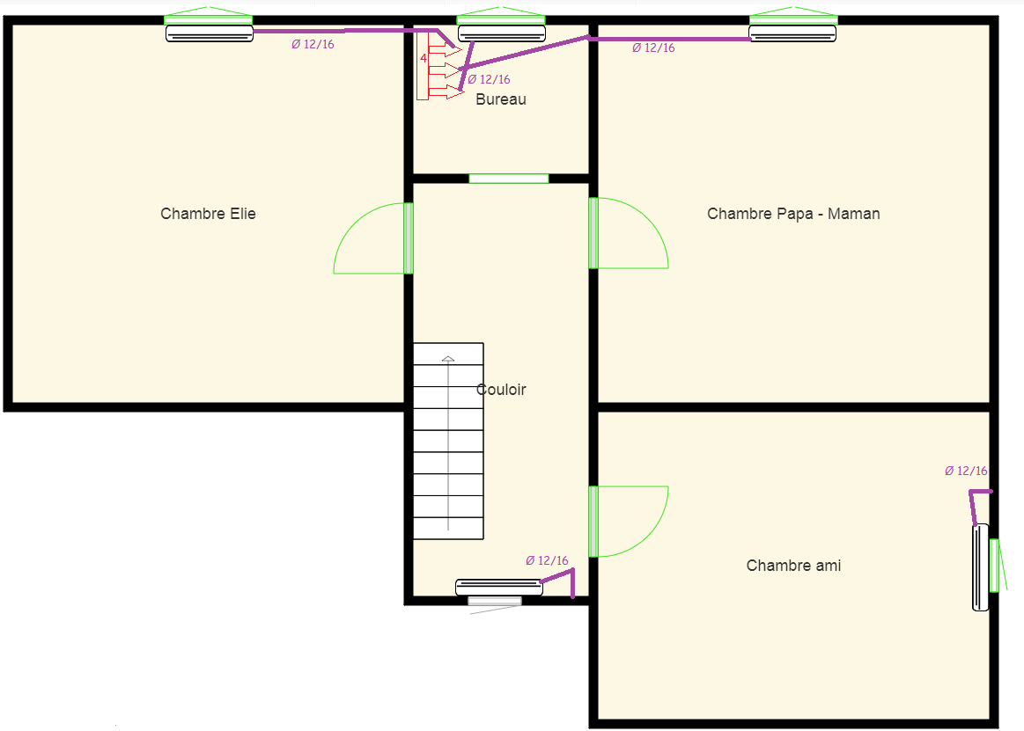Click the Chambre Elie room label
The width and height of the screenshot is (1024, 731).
[208, 214]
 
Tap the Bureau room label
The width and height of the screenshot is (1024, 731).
[501, 99]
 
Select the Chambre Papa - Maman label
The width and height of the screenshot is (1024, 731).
[793, 214]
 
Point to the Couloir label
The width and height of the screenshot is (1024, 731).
[501, 390]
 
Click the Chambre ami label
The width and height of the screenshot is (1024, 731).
[793, 566]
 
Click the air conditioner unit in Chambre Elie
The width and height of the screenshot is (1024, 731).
[209, 33]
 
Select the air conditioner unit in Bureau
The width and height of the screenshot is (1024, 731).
[502, 33]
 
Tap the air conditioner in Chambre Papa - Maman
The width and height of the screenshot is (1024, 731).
[792, 33]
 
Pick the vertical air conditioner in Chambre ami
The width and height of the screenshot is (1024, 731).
[980, 567]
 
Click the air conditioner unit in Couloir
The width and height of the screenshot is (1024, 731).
[499, 587]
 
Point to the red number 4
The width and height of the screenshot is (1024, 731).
[424, 58]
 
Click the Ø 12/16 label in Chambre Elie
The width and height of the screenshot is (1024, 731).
[313, 44]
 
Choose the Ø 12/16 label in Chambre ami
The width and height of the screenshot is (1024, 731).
[966, 471]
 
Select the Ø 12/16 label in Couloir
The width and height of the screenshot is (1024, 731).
[547, 560]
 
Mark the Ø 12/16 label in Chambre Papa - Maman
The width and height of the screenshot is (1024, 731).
[653, 48]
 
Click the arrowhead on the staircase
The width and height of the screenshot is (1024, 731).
[448, 359]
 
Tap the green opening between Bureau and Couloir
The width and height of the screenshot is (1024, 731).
[509, 179]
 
